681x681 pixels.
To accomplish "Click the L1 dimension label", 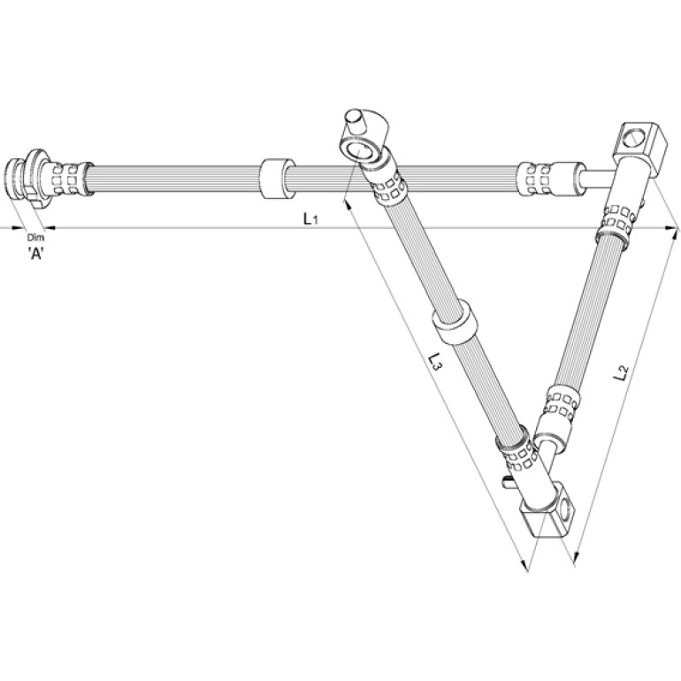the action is pos(310,219).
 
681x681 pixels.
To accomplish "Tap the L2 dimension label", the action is pos(621,372).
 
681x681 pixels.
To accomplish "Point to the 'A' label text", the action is pos(36,253).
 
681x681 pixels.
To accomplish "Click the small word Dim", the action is pos(35,238).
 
